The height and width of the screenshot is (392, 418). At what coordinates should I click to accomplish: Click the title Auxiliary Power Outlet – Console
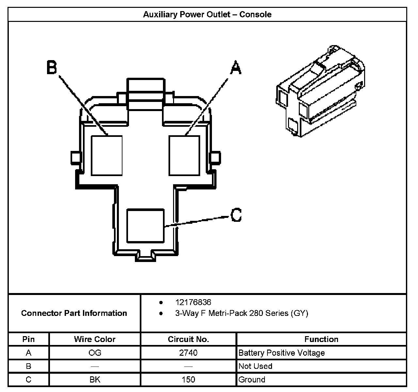click(x=207, y=14)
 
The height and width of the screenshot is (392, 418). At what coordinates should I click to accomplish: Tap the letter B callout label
click(x=52, y=68)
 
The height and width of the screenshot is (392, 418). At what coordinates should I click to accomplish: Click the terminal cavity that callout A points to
click(x=184, y=155)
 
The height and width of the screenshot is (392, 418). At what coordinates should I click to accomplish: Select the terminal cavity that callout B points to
click(x=107, y=155)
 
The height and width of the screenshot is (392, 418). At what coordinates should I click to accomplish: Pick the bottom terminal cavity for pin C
click(x=145, y=226)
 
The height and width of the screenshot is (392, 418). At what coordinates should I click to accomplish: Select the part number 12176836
click(x=193, y=302)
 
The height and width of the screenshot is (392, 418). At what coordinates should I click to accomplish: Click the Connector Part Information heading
click(x=74, y=313)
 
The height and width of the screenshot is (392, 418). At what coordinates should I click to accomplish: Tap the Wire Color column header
click(x=95, y=339)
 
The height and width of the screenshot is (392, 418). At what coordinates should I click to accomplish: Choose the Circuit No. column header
click(x=188, y=339)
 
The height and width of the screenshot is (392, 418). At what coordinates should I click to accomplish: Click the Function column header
click(x=321, y=339)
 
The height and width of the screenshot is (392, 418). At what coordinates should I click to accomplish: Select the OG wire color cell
click(x=95, y=353)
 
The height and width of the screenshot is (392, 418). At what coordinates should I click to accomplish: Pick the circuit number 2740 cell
click(x=188, y=353)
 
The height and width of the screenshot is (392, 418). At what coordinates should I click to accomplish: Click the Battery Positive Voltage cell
click(x=281, y=353)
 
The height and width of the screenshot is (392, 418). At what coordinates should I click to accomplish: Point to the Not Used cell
click(x=255, y=366)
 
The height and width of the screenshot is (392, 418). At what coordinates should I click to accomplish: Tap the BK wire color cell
click(x=95, y=380)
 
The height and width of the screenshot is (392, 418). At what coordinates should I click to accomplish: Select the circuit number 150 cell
click(x=188, y=380)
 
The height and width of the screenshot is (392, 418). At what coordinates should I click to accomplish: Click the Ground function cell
click(x=252, y=380)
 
